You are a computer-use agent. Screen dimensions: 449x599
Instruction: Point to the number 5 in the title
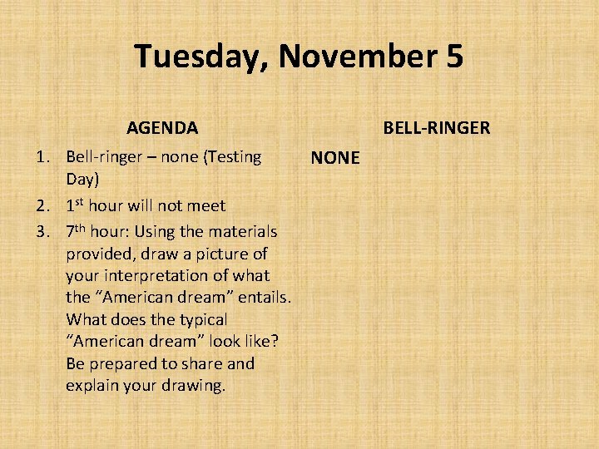pos(454,57)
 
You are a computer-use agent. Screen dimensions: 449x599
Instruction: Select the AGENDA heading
pos(162,128)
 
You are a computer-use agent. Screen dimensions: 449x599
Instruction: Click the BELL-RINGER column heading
pos(436,128)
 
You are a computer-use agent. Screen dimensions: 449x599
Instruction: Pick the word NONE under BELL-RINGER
pos(335,158)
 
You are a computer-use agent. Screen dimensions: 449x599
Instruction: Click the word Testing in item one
pos(234,157)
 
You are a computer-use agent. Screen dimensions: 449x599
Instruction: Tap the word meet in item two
pos(209,205)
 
